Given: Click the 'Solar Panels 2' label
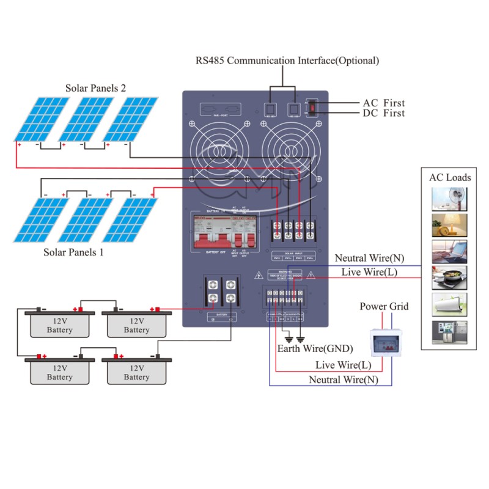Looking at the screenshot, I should (x=95, y=88).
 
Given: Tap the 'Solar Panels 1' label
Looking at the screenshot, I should (x=73, y=251).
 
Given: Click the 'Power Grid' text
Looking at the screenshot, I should (x=384, y=306).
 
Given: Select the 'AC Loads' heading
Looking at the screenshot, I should (x=450, y=177).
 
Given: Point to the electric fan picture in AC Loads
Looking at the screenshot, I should (x=450, y=199).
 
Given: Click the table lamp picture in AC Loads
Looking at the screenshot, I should (x=450, y=226).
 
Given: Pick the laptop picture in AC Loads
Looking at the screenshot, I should (x=450, y=252).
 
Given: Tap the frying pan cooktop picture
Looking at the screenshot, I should (x=450, y=278).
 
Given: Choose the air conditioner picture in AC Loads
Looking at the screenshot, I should (x=450, y=305).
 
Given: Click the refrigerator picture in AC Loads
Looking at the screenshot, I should (x=450, y=333).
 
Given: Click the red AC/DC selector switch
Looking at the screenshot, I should (x=312, y=108).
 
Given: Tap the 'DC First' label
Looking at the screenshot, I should (x=384, y=113).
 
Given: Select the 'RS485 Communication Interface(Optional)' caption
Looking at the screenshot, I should (x=287, y=61).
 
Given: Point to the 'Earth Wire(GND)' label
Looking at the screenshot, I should (x=315, y=349).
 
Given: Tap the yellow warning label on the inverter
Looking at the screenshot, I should (x=285, y=274).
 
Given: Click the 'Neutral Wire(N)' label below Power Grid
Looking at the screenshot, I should (x=344, y=380).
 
